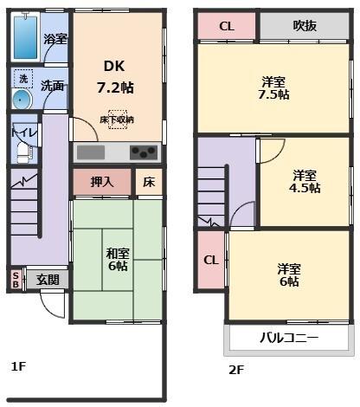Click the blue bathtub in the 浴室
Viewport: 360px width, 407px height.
(26, 37)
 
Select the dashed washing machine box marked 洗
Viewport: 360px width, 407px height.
(23, 79)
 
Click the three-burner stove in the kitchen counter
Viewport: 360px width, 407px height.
(144, 152)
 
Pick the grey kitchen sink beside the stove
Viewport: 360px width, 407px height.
(91, 152)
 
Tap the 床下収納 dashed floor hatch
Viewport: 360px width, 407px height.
(118, 120)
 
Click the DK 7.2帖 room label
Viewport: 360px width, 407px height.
(115, 77)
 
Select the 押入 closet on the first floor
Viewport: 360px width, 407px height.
(102, 182)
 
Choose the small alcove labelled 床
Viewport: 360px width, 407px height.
(149, 182)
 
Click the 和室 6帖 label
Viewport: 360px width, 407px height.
(118, 259)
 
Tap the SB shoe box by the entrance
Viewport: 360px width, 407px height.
(16, 279)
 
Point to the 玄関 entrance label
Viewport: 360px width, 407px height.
(48, 280)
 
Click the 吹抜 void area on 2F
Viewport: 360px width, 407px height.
(305, 25)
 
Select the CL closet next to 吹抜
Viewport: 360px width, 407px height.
(227, 26)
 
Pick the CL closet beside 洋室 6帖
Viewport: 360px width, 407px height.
(211, 260)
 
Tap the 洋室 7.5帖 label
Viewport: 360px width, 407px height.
(273, 88)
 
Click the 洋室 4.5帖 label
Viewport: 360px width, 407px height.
(305, 182)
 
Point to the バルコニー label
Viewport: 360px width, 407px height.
(289, 338)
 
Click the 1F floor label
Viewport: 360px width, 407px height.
(19, 366)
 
